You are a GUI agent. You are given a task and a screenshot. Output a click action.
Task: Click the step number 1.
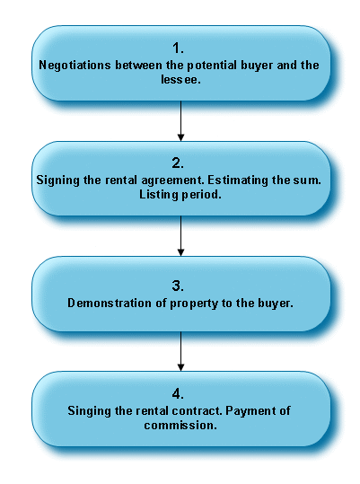(x=178, y=48)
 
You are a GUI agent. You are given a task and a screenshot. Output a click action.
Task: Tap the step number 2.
(x=178, y=163)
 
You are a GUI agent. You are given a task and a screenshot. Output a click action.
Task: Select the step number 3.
(x=178, y=286)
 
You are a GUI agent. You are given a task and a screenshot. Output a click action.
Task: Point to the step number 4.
(x=178, y=394)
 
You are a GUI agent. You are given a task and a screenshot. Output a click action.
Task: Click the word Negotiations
(x=75, y=66)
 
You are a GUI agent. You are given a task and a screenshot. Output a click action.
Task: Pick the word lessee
(x=180, y=79)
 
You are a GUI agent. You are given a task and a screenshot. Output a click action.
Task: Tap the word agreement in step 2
(x=172, y=180)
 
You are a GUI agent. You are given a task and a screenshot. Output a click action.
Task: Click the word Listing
(x=159, y=195)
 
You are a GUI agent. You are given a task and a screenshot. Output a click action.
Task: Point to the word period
(x=201, y=195)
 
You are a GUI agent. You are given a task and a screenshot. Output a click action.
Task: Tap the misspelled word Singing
(x=90, y=411)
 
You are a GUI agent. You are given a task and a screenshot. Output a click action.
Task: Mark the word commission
(x=180, y=426)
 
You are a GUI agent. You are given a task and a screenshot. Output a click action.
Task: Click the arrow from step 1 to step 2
(x=180, y=121)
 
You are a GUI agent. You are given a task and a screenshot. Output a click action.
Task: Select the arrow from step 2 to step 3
(x=180, y=236)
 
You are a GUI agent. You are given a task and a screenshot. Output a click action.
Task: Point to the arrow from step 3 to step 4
(x=180, y=351)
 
